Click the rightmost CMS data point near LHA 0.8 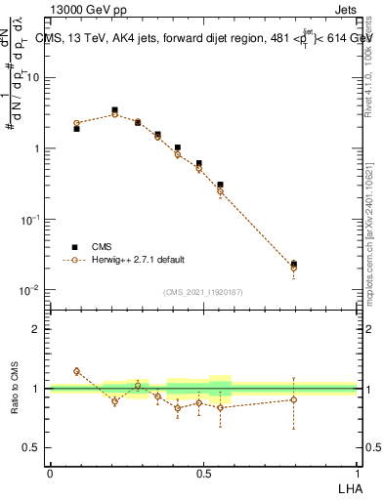294,264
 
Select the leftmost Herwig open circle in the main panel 76,123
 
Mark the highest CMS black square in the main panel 114,110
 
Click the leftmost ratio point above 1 76,371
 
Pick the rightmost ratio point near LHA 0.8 294,399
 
